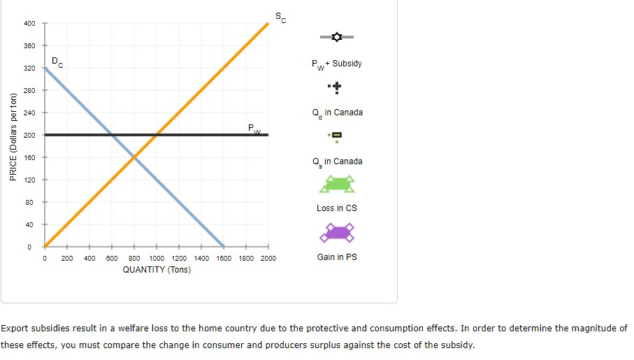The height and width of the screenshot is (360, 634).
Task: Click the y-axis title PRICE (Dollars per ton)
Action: (x=12, y=137)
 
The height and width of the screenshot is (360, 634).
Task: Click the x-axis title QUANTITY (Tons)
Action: (x=156, y=270)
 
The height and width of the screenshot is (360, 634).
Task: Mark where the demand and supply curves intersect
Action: (x=134, y=157)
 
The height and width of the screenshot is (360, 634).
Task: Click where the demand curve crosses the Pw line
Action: (x=112, y=135)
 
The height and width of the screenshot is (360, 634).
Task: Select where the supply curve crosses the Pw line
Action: (x=157, y=135)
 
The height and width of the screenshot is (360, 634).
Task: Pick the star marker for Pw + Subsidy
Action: (x=337, y=36)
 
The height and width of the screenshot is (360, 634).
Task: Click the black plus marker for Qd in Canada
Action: (x=337, y=87)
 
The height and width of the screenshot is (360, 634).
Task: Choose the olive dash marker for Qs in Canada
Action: (x=337, y=136)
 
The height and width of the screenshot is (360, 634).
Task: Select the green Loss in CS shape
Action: (x=337, y=185)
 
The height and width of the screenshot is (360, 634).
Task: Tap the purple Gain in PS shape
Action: (x=337, y=232)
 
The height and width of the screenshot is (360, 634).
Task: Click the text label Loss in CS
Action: (x=337, y=208)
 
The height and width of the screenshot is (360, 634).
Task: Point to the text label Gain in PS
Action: (x=337, y=257)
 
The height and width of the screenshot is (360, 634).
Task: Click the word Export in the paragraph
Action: (x=14, y=328)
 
